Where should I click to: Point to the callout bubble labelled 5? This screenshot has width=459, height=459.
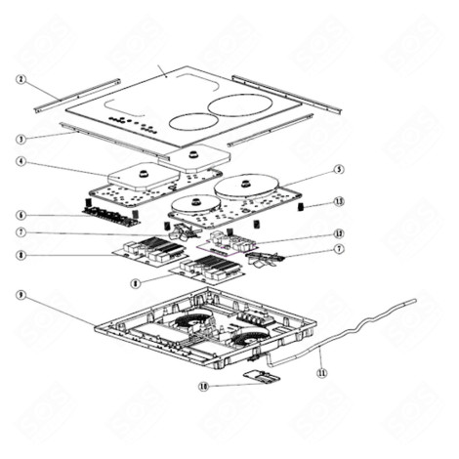click(338, 169)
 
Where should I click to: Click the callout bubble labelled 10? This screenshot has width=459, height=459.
click(204, 386)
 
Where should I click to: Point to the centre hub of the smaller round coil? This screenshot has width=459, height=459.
click(192, 205)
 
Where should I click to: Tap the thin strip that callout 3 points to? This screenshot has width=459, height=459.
click(98, 137)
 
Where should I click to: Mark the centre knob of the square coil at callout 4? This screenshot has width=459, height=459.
click(138, 172)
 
